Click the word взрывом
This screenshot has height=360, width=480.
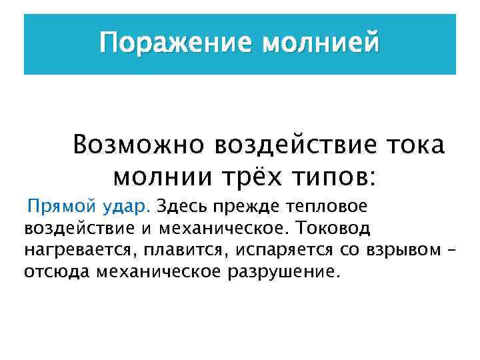click(x=404, y=251)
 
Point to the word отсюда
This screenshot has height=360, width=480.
click(x=57, y=273)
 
